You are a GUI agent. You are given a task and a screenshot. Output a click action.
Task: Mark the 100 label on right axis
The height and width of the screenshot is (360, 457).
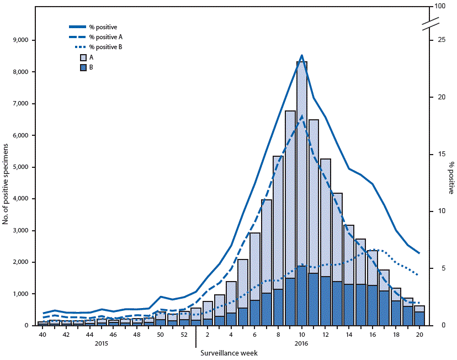pyautogui.click(x=440, y=7)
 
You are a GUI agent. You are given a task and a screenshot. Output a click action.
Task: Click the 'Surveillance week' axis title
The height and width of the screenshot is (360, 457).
pyautogui.click(x=229, y=351)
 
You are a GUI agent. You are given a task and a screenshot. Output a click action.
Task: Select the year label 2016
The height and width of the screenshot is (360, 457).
pyautogui.click(x=301, y=343)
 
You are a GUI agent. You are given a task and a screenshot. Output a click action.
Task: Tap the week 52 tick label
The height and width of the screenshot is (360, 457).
pyautogui.click(x=184, y=335)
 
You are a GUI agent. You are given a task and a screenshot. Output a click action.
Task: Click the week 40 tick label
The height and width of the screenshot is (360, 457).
pyautogui.click(x=42, y=335)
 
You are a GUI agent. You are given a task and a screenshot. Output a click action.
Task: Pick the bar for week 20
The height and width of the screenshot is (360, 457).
pyautogui.click(x=419, y=316)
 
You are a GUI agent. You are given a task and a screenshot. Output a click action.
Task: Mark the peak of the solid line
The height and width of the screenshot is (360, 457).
pyautogui.click(x=301, y=55)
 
